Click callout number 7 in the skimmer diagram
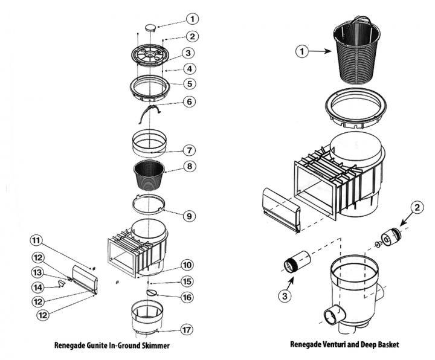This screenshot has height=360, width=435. click(x=189, y=149)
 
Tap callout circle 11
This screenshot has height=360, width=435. click(x=36, y=240)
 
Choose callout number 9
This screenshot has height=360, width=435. click(x=189, y=215)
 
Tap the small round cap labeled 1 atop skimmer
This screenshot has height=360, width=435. click(x=150, y=27)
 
